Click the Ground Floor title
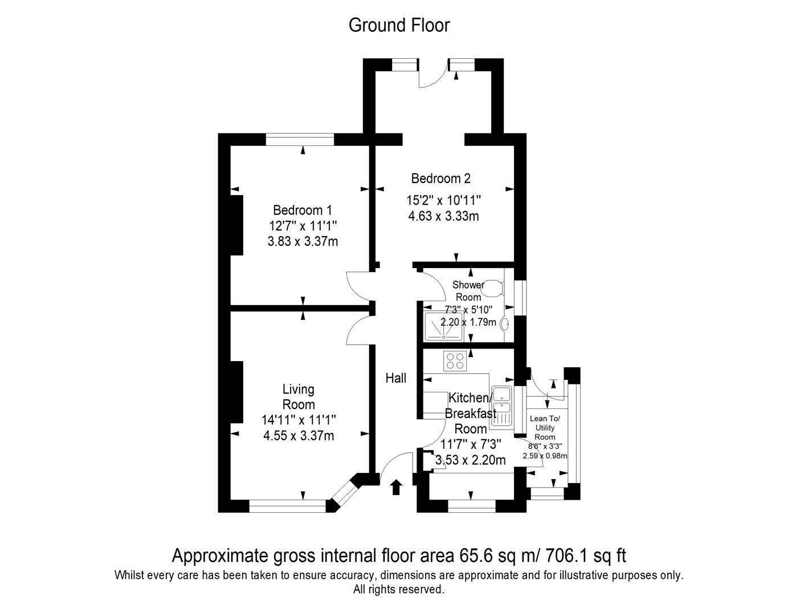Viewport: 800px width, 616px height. tap(399, 25)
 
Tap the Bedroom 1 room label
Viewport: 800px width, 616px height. tap(302, 210)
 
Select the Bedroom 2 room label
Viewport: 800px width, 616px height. tap(440, 179)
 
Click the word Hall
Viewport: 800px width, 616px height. tap(395, 378)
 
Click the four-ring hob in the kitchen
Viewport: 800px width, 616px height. tap(455, 361)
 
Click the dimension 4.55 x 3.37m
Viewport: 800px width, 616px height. tap(299, 436)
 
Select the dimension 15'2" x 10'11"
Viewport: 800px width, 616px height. tap(443, 200)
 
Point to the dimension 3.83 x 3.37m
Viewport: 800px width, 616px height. tap(303, 241)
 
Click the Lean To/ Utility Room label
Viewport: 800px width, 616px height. tap(545, 428)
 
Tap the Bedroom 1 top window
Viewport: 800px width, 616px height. tap(300, 139)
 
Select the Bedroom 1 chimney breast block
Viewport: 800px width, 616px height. tap(236, 225)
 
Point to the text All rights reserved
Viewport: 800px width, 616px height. tap(398, 589)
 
